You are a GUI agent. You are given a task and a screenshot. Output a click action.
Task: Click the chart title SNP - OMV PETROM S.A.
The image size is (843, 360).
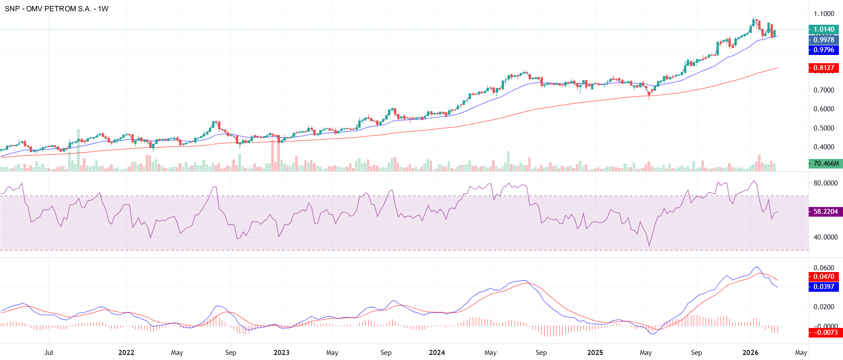pyautogui.click(x=56, y=9)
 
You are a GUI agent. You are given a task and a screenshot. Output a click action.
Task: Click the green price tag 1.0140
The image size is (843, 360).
pyautogui.click(x=824, y=29)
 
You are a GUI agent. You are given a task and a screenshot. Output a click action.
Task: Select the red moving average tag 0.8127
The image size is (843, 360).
pyautogui.click(x=824, y=68)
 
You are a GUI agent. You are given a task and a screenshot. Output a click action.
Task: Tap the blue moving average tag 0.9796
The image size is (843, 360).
pyautogui.click(x=824, y=50)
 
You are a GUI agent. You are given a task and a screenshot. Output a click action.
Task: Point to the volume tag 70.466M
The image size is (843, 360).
pyautogui.click(x=826, y=164)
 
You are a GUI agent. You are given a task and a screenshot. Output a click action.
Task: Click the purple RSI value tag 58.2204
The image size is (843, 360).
pyautogui.click(x=826, y=212)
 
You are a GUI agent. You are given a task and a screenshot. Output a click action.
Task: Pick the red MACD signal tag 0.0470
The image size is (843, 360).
pyautogui.click(x=824, y=277)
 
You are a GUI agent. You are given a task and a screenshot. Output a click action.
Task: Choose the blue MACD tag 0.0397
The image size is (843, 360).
pyautogui.click(x=824, y=287)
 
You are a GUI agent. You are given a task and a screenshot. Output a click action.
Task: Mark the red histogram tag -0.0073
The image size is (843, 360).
pyautogui.click(x=826, y=333)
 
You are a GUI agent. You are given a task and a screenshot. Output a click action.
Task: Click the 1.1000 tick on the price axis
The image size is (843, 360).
pyautogui.click(x=824, y=14)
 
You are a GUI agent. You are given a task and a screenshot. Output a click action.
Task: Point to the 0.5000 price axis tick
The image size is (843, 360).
pyautogui.click(x=824, y=128)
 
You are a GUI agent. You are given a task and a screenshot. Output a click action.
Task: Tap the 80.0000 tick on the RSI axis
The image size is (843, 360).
pyautogui.click(x=826, y=183)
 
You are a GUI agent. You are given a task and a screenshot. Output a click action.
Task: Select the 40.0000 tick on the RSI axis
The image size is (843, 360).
pyautogui.click(x=826, y=237)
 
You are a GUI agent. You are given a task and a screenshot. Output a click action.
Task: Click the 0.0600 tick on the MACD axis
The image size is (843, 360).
pyautogui.click(x=824, y=268)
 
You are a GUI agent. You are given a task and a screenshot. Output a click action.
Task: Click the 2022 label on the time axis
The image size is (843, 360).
pyautogui.click(x=126, y=353)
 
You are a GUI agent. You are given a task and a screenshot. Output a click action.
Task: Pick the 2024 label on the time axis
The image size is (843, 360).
pyautogui.click(x=437, y=353)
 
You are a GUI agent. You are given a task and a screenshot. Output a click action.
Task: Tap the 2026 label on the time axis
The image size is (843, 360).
pyautogui.click(x=750, y=353)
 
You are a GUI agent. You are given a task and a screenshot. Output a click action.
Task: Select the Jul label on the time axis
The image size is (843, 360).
pyautogui.click(x=49, y=353)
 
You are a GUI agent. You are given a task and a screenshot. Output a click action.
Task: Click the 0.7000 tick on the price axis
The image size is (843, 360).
pyautogui.click(x=824, y=90)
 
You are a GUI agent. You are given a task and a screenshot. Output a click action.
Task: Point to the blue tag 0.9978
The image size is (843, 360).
pyautogui.click(x=824, y=40)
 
